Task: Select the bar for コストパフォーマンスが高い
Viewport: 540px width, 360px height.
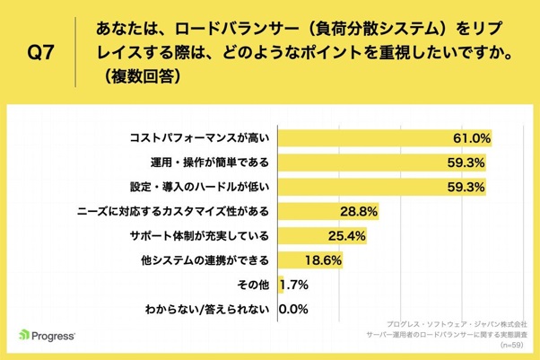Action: pyautogui.click(x=386, y=138)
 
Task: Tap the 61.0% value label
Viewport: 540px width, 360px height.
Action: pyautogui.click(x=469, y=138)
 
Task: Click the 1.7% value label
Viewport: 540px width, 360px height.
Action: pyautogui.click(x=296, y=285)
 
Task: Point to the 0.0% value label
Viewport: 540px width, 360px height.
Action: pyautogui.click(x=295, y=310)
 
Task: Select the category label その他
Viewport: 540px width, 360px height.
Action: pyautogui.click(x=254, y=285)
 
